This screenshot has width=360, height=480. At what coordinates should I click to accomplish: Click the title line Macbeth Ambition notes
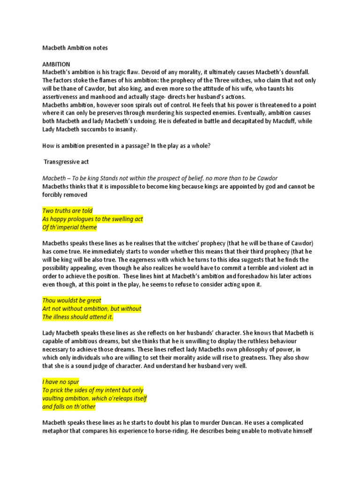coord(75,47)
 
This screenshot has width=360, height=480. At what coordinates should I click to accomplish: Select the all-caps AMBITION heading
coord(56,64)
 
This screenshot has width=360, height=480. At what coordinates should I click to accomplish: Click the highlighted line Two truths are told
coord(67,211)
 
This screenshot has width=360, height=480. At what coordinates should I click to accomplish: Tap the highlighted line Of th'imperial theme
coord(69,227)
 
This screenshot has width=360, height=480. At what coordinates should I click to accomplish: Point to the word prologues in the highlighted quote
coord(90,219)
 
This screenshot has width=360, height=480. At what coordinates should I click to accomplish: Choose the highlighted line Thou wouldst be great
coord(72,300)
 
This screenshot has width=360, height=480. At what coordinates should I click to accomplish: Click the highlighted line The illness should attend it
coord(78,317)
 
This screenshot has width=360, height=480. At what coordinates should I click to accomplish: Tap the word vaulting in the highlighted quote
coord(54,398)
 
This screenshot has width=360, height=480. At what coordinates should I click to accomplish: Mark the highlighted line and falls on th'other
coord(68,406)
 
